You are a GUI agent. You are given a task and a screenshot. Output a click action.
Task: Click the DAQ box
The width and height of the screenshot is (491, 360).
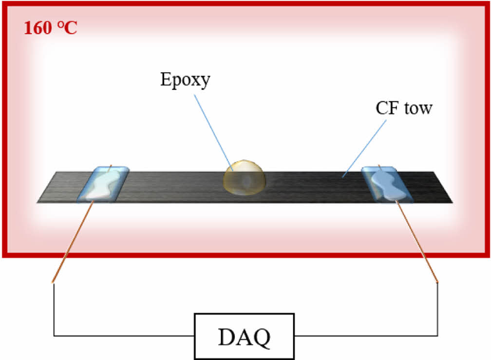245,336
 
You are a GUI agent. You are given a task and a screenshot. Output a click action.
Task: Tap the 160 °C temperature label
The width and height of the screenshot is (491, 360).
50,28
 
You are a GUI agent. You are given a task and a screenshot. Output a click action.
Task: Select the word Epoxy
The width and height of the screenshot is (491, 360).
185,79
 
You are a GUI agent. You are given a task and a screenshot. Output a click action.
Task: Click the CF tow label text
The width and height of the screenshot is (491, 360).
404,108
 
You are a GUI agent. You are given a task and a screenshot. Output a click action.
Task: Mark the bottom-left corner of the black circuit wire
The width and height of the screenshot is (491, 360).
54,336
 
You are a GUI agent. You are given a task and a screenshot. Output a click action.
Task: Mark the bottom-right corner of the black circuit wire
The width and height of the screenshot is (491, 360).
437,336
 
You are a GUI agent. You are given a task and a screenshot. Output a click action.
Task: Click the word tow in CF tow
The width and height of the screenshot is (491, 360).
418,108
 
